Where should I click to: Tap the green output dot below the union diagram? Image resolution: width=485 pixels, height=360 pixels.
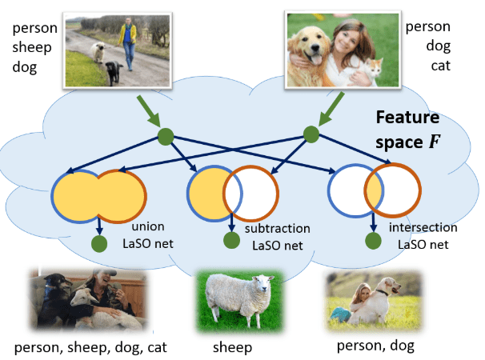[100, 243]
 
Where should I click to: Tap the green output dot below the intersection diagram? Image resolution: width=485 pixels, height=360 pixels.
[371, 240]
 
